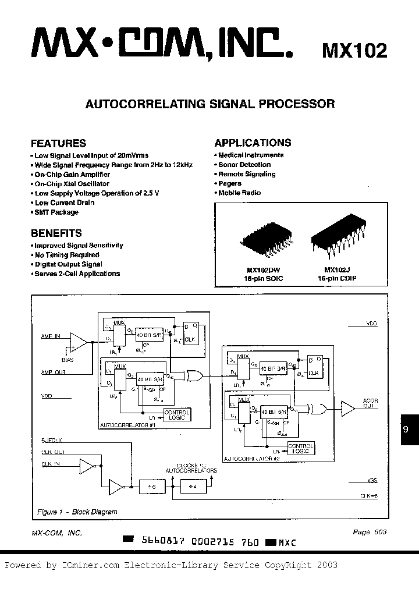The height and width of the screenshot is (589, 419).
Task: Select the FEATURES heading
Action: point(58,143)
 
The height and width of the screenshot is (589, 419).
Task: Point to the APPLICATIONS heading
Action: point(253,143)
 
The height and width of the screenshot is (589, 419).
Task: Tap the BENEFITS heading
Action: point(56,233)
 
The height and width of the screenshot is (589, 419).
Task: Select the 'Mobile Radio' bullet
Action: point(239,193)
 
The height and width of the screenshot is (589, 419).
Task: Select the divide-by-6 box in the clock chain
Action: point(151,485)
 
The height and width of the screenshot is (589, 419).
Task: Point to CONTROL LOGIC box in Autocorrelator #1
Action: point(176,415)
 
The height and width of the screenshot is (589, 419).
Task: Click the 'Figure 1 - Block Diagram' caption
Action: point(77,512)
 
